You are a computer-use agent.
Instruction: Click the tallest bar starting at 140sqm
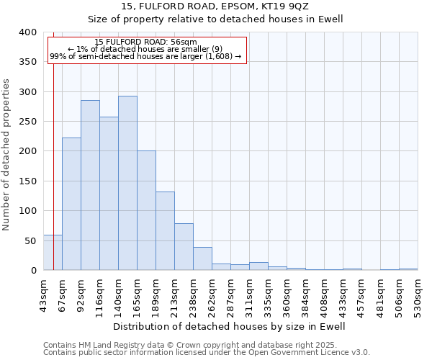tap(127, 183)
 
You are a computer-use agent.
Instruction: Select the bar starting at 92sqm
tap(90, 185)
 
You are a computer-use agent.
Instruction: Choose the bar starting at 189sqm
tap(165, 231)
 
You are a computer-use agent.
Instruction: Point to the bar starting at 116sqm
tap(109, 194)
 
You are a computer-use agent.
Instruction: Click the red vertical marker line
tap(53, 144)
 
